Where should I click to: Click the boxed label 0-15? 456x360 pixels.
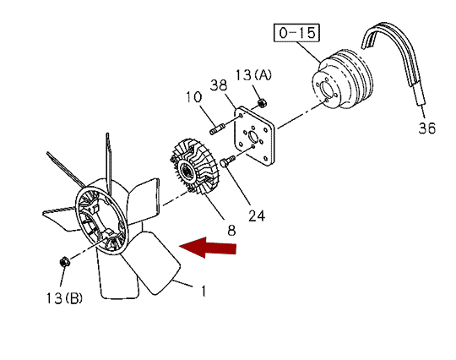pos(296,33)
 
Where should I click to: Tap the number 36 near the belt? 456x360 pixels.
pos(427,128)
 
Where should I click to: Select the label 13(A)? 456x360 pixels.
pos(253,75)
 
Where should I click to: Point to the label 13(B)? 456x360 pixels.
pos(64,298)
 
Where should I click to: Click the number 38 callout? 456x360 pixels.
pos(219,85)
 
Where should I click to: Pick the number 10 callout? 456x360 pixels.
pos(193,97)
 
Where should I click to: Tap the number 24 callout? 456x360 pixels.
pos(257,216)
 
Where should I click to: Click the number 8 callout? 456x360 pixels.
pos(231,231)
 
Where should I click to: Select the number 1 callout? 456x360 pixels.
pos(204,291)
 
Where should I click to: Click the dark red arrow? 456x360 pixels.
pos(208,248)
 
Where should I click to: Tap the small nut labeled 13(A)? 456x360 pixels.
pos(263,103)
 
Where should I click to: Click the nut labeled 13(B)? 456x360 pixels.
pos(64,262)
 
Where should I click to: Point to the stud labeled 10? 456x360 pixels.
pos(216,129)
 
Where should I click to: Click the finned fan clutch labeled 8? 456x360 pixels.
pos(195,166)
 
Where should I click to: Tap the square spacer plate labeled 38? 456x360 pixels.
pos(254,136)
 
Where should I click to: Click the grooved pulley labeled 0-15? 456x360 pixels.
pos(343,79)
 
